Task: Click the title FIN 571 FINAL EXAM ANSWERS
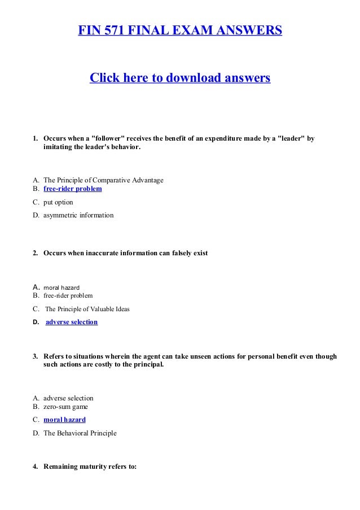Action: point(180,29)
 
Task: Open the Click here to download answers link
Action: point(180,77)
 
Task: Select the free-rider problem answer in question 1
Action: point(72,189)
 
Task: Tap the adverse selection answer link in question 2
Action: point(71,322)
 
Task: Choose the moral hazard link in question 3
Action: point(64,420)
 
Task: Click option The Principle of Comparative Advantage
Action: point(103,180)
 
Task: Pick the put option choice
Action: point(58,202)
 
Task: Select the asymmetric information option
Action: point(78,215)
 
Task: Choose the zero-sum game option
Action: point(65,407)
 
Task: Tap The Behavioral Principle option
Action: point(80,433)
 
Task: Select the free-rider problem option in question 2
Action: point(68,295)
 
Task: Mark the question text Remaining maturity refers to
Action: point(90,467)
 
